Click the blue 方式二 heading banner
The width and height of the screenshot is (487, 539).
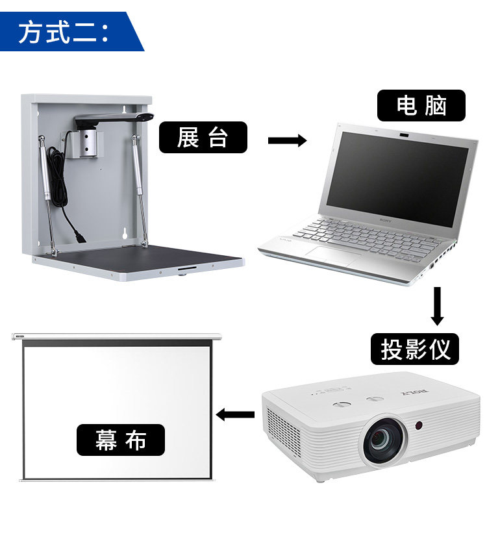click(x=68, y=31)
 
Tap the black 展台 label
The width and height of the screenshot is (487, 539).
click(x=203, y=138)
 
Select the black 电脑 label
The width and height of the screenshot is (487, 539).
click(x=421, y=106)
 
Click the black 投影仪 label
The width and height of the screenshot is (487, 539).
click(x=415, y=350)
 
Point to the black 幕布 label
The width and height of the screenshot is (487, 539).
click(x=121, y=440)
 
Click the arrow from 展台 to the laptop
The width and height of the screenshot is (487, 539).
click(x=286, y=140)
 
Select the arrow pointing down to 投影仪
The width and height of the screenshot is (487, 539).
click(x=438, y=306)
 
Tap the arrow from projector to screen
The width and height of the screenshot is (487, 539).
click(x=235, y=414)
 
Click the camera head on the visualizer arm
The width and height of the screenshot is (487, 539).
click(x=147, y=117)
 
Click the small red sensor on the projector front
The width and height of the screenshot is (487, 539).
click(x=419, y=426)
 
